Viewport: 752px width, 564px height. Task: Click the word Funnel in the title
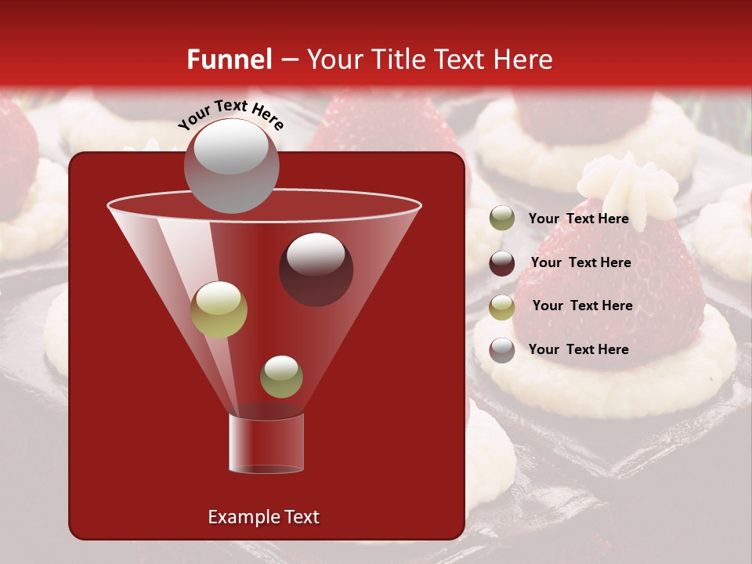229,60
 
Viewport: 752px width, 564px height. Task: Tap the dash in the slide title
288,60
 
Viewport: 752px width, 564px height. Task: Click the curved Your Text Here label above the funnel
230,114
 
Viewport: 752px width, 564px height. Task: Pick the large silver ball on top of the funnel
231,165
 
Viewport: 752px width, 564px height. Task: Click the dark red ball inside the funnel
316,269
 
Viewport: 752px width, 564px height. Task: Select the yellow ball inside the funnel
219,309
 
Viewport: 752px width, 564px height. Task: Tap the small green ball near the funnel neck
281,376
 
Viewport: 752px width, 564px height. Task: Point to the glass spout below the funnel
266,443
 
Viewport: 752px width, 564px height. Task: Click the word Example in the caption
237,517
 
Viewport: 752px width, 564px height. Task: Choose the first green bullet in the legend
502,218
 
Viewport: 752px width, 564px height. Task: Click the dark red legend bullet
502,262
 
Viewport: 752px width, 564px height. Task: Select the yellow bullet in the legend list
502,306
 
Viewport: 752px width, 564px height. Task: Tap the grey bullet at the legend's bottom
502,349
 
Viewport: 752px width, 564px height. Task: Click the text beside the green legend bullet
578,219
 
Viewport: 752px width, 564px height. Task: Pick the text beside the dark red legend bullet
580,262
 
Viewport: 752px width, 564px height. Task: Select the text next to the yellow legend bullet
582,305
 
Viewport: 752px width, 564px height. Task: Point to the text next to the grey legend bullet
578,349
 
